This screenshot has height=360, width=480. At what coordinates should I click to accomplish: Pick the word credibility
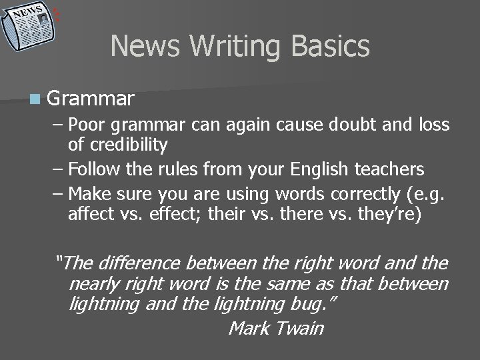pos(126,145)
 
